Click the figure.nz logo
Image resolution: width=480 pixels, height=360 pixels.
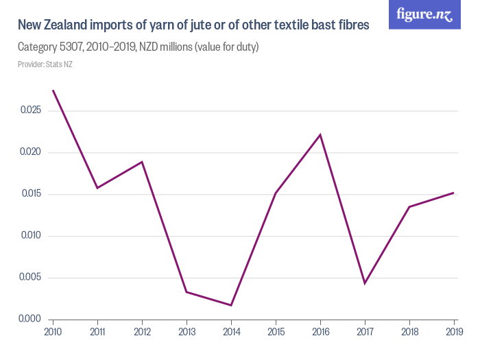424,14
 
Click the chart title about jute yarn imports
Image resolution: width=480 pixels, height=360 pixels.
193,25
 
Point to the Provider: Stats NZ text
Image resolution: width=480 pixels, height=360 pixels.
45,64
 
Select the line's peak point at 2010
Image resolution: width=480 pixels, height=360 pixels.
53,90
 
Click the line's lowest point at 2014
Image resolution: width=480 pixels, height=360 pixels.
231,305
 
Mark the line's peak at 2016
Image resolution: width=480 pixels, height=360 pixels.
320,134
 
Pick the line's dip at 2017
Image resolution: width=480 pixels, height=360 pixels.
365,283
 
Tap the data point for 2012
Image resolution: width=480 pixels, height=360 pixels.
142,162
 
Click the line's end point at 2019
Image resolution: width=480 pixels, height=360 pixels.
454,193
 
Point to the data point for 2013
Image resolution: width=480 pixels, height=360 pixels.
187,292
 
